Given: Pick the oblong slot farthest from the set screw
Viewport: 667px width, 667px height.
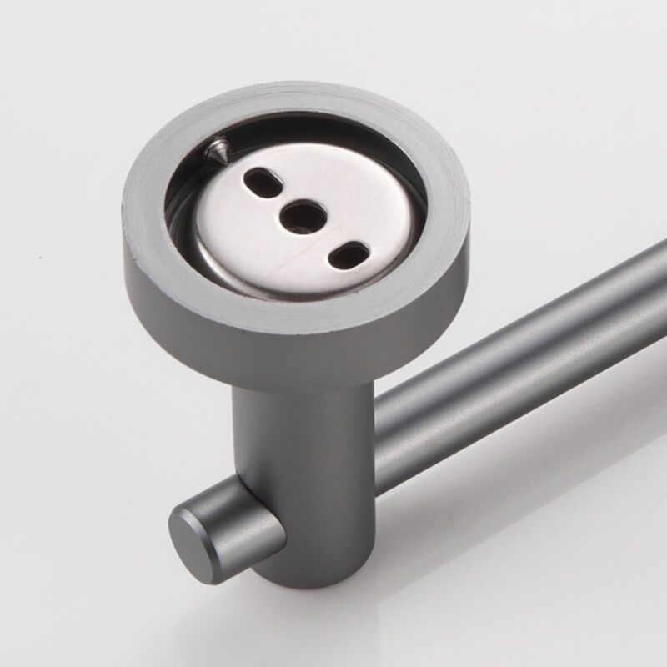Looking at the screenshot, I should tap(347, 253).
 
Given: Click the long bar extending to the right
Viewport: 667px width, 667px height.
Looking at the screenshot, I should tap(517, 350).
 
